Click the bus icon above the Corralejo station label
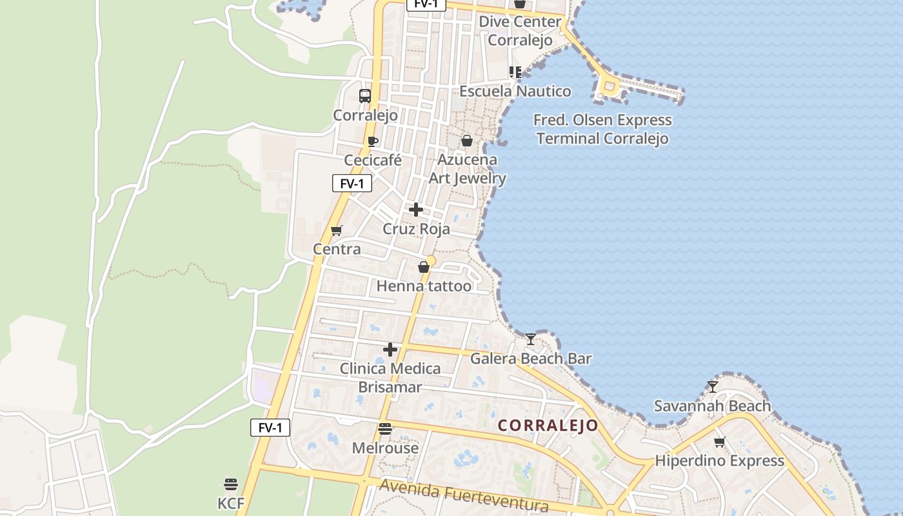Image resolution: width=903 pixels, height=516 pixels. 365,96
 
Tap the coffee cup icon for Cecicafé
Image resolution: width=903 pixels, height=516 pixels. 372,141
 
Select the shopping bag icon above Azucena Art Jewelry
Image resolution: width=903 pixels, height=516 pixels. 467,141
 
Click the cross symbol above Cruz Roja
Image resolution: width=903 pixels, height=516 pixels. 416,210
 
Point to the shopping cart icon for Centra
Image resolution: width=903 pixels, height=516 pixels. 336,230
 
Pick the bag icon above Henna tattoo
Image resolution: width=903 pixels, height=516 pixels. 424,267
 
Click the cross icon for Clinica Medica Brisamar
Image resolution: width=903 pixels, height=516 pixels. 390,350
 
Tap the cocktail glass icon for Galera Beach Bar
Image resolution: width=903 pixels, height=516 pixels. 530,339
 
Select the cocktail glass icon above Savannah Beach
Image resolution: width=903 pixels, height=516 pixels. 712,387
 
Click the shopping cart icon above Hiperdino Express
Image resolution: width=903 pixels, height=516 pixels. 719,442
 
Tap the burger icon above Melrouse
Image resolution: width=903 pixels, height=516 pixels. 385,429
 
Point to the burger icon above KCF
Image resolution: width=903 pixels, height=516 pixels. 231,484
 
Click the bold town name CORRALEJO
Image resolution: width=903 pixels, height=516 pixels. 548,426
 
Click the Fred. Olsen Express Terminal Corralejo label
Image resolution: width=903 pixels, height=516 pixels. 603,129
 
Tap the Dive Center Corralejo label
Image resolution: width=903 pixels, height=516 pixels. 520,30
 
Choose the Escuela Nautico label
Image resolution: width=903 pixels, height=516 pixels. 515,92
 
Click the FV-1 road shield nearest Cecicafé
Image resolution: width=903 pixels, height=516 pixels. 352,184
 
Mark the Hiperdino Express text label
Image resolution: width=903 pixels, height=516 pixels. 719,461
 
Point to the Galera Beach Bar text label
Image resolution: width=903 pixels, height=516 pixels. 530,359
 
